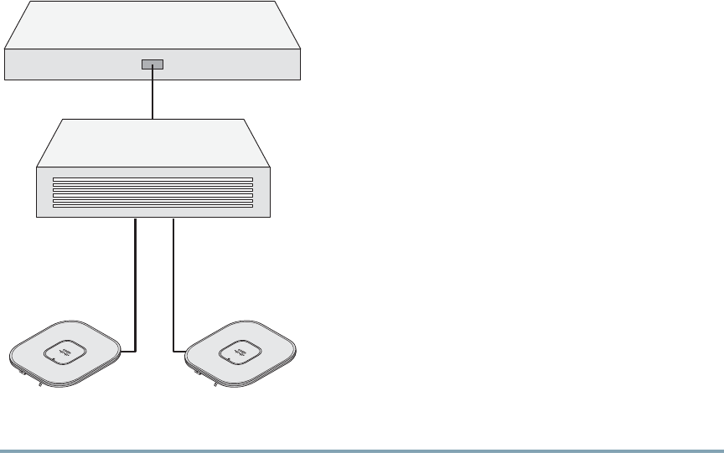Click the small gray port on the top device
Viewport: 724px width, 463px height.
pos(153,64)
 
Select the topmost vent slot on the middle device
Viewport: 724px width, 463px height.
pos(153,179)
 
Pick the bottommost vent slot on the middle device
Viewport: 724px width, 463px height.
pos(153,204)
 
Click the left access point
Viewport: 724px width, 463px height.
pos(34,360)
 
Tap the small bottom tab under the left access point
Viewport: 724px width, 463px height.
pos(39,386)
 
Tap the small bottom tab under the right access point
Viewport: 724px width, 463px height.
pos(215,386)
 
